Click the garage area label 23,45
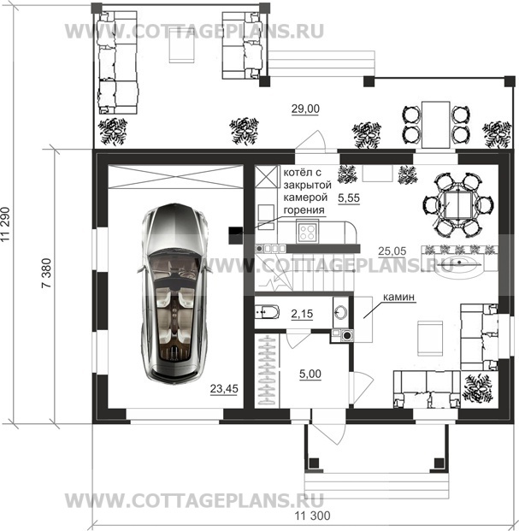(224, 388)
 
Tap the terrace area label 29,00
(305, 109)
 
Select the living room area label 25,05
(392, 251)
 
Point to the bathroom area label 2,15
(302, 314)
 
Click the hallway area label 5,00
(310, 374)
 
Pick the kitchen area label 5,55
(349, 198)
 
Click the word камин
(398, 297)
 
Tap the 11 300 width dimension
(312, 516)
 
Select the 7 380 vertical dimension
(46, 273)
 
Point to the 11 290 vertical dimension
(6, 224)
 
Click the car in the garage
(173, 293)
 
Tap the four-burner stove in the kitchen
(308, 231)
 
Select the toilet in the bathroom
(267, 312)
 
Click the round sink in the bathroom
(341, 312)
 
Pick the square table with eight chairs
(457, 205)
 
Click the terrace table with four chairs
(436, 125)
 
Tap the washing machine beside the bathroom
(346, 335)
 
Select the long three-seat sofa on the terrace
(117, 62)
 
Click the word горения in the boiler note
(304, 210)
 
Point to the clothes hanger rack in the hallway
(267, 370)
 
